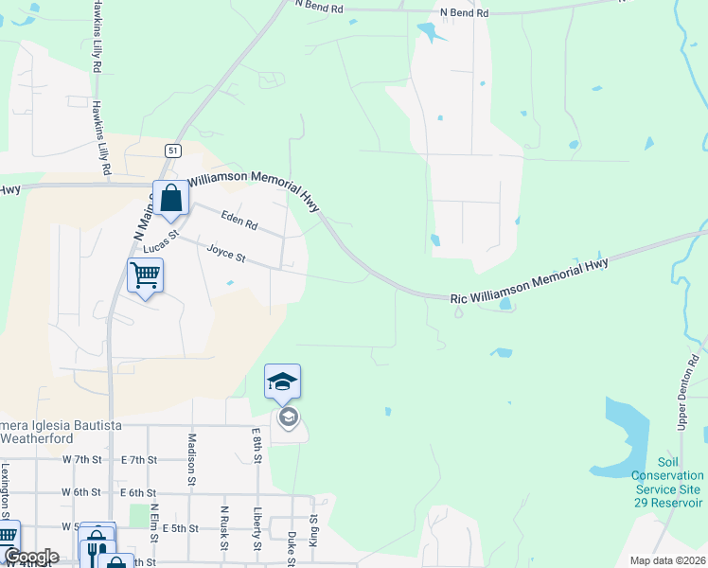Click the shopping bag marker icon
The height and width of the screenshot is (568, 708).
click(171, 199)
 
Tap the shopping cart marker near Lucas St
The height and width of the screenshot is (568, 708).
click(146, 275)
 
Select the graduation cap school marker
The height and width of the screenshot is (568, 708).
click(282, 382)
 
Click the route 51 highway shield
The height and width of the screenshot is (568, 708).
click(171, 151)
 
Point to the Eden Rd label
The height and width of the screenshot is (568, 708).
click(239, 222)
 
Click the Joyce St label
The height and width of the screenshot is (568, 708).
click(226, 255)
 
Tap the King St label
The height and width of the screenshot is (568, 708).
click(314, 534)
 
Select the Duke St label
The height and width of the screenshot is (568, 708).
click(292, 547)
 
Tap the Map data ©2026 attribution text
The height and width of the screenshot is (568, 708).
click(666, 560)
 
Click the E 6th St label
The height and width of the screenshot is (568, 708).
click(138, 492)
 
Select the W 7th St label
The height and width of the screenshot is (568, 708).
click(81, 459)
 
